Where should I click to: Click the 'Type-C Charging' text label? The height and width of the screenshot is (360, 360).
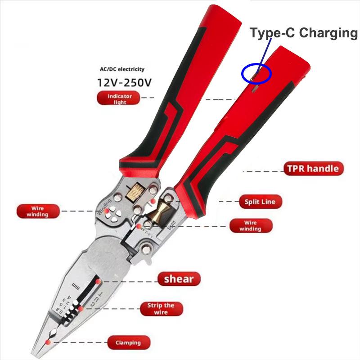(304, 33)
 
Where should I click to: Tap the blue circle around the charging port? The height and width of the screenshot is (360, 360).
(256, 73)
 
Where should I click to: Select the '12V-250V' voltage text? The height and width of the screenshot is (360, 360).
(125, 83)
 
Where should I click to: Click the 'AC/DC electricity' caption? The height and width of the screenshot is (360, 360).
(122, 69)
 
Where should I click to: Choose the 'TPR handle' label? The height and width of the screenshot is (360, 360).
(314, 169)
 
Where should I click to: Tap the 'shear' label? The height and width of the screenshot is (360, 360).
(179, 279)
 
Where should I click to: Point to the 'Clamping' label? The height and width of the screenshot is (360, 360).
(127, 342)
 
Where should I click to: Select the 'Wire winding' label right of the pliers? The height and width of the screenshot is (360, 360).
(250, 225)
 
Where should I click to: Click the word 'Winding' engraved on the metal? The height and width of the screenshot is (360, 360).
(104, 206)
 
